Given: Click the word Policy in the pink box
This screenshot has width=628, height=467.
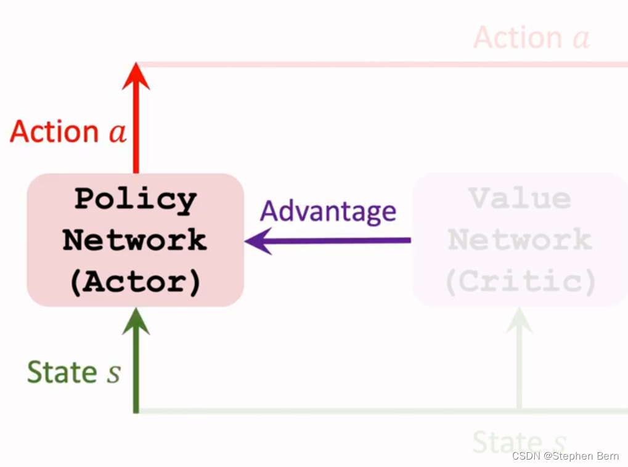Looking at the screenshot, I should (135, 200).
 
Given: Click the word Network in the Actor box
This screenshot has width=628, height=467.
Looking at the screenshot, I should (135, 240).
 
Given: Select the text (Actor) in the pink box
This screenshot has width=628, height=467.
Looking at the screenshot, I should (135, 282).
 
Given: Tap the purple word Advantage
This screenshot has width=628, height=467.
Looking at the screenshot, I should (328, 212).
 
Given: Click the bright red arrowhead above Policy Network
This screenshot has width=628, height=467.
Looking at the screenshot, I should (136, 76).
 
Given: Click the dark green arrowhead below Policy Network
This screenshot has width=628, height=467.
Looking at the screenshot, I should (136, 321).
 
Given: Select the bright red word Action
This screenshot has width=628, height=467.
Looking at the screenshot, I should (54, 132).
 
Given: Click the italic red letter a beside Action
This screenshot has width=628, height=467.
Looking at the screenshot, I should (118, 134).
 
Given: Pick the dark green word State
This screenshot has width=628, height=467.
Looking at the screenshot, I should (62, 373).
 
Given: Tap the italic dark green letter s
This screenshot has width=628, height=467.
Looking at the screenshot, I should (113, 374).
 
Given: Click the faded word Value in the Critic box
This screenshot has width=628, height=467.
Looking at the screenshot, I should (520, 198).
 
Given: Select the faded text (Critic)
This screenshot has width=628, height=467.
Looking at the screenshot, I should (520, 282).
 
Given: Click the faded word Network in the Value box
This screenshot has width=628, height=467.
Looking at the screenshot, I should (520, 240).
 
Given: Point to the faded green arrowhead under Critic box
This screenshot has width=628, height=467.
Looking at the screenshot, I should (520, 320).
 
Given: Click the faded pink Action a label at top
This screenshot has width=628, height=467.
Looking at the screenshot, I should (531, 38).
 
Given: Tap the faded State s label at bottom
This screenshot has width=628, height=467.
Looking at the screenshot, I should (520, 442).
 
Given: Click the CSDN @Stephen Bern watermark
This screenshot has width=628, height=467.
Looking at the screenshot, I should (565, 457).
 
